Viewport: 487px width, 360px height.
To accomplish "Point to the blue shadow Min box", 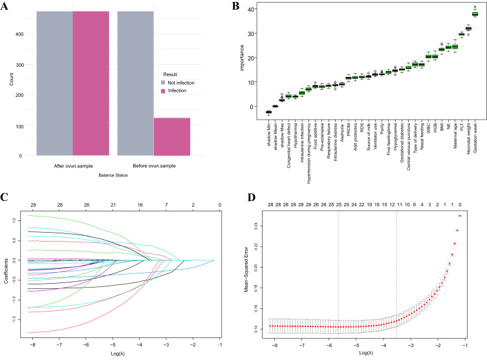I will (268, 112).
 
